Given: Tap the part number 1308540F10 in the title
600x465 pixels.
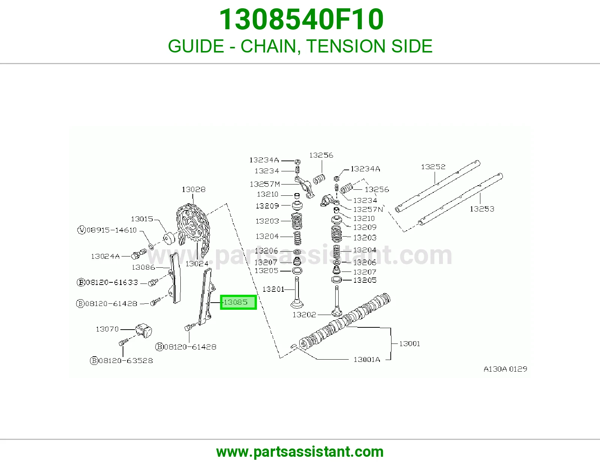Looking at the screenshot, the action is [301, 19].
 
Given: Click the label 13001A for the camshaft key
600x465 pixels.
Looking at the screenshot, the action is [367, 359].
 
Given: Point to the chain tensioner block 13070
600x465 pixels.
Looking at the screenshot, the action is [144, 330].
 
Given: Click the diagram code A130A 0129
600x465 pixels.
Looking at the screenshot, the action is [505, 369].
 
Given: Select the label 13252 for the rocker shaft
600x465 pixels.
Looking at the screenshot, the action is [433, 166].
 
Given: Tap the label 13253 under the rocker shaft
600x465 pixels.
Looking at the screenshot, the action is [482, 209].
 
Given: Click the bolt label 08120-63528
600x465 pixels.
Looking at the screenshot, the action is [121, 361].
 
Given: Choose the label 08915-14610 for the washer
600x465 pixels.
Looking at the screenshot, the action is [107, 230].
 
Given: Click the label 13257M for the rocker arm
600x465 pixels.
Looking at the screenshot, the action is [264, 184].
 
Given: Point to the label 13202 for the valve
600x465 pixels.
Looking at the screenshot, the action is [304, 315].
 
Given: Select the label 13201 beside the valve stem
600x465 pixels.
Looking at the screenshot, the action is [273, 289].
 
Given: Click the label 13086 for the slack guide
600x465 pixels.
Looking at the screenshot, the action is [143, 267].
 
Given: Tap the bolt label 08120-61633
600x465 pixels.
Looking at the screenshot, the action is [107, 282].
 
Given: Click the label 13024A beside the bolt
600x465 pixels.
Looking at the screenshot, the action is [105, 256].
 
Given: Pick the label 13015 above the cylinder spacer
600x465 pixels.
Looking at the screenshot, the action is [142, 219].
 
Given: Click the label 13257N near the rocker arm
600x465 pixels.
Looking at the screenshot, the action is [368, 209].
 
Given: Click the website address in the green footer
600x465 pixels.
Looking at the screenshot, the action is [300, 452].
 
